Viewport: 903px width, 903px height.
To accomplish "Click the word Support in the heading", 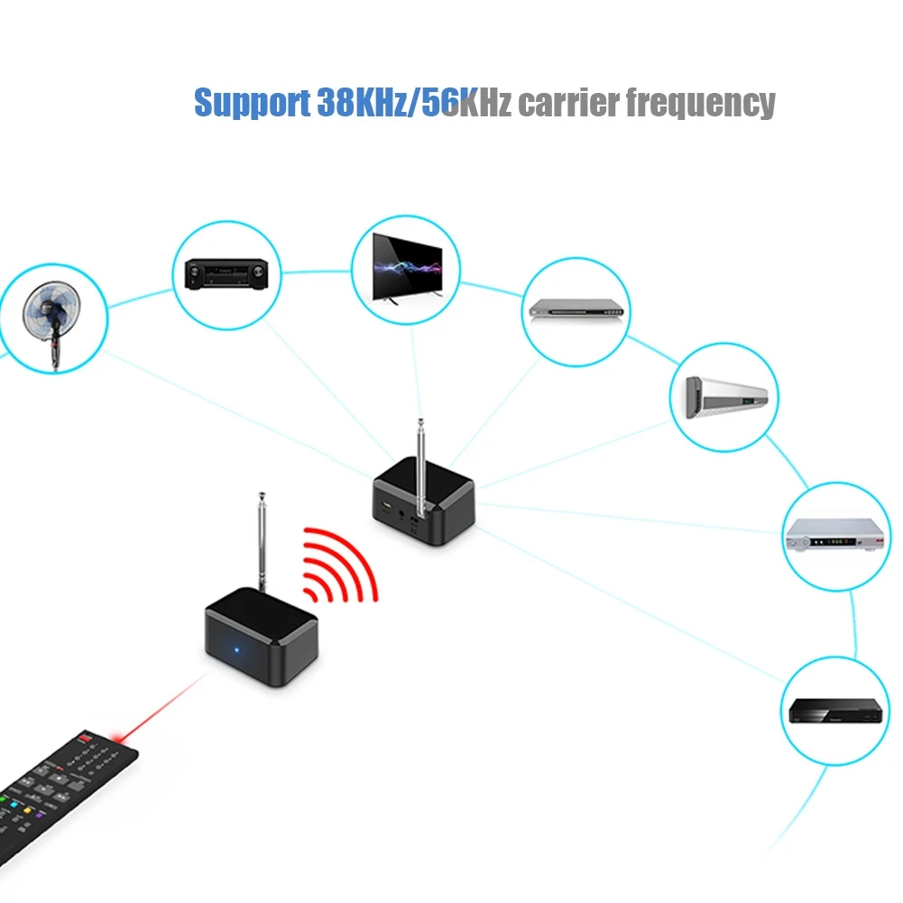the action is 253,104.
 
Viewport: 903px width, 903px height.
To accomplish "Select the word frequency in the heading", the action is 701,104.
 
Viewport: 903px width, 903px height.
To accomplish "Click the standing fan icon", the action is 52,324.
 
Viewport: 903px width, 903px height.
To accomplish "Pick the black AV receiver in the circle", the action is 226,273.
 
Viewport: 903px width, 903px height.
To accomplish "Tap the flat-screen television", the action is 407,267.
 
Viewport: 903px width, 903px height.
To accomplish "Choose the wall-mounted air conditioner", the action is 726,397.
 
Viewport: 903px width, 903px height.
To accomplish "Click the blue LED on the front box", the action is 236,650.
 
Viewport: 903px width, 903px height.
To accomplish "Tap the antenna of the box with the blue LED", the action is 262,542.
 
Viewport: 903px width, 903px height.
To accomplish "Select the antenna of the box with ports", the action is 421,467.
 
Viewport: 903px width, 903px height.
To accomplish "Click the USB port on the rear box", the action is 386,507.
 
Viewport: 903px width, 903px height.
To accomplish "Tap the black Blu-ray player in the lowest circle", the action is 835,711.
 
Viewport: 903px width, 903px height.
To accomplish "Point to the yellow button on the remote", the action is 27,811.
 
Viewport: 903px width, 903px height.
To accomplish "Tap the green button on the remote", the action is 3,799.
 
